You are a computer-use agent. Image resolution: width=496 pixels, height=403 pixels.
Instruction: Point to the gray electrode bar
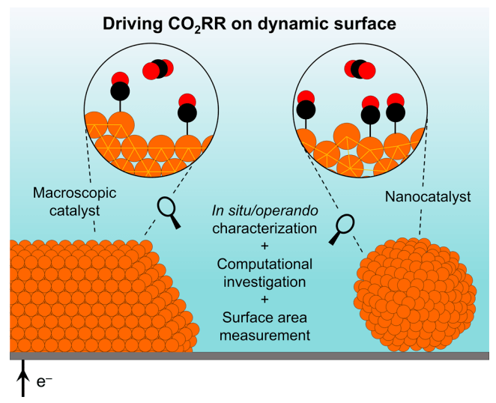[x=247, y=356]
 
